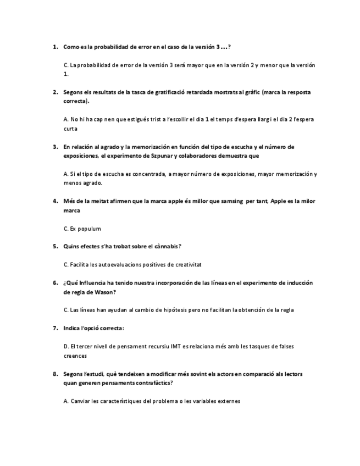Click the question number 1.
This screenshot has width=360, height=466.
[55, 47]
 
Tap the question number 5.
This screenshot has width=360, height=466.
[55, 246]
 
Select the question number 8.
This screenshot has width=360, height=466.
[55, 374]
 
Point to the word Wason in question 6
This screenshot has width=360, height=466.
[98, 292]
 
